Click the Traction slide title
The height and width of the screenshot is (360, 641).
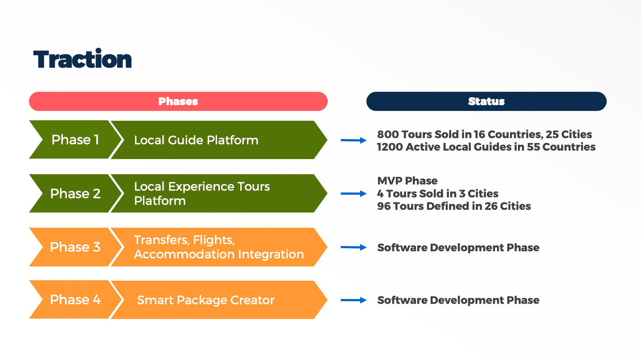click(x=82, y=59)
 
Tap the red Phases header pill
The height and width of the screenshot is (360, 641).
click(x=178, y=101)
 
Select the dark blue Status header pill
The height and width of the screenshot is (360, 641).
click(x=486, y=101)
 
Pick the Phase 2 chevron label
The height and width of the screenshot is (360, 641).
click(x=75, y=193)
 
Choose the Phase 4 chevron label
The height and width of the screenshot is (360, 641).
click(x=75, y=300)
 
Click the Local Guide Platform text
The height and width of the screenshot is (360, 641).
click(x=196, y=140)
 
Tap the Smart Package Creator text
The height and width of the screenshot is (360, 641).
click(x=206, y=300)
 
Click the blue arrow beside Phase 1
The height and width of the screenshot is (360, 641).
click(x=353, y=140)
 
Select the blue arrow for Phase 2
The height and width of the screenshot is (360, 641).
click(x=353, y=193)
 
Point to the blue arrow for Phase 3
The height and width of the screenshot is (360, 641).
click(x=353, y=247)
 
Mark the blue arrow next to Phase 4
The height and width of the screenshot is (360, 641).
click(x=353, y=300)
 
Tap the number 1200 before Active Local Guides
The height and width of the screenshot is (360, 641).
click(x=390, y=147)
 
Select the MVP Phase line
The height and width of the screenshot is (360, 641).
click(x=407, y=181)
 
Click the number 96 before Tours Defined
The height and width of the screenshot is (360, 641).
click(x=384, y=206)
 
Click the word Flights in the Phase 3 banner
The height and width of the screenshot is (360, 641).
click(x=214, y=240)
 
